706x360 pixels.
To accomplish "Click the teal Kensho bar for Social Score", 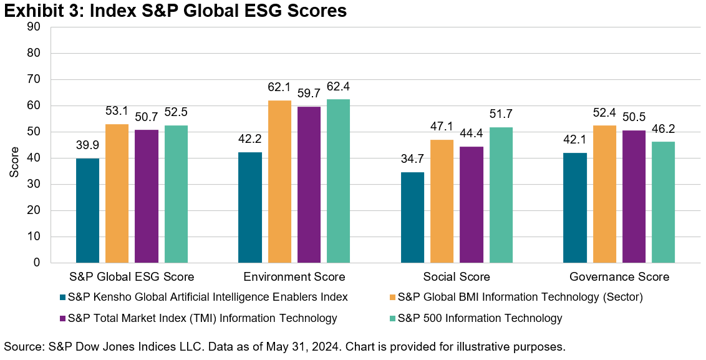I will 412,217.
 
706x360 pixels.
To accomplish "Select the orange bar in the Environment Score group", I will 280,182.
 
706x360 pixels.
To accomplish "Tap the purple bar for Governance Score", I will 634,197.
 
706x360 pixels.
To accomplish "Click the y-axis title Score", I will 14,162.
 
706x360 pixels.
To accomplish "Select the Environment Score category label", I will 294,277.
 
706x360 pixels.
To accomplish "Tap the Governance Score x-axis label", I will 619,277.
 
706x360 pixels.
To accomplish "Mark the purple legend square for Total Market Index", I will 62,318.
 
